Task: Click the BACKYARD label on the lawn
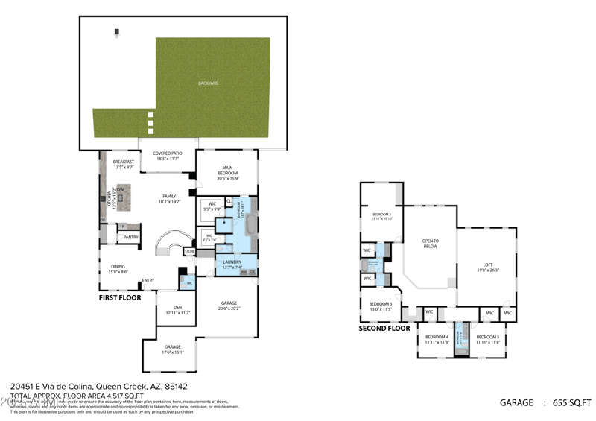click(x=208, y=83)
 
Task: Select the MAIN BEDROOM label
click(x=227, y=170)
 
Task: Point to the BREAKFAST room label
click(x=124, y=162)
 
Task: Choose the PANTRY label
click(x=131, y=237)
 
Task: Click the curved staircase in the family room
click(x=171, y=245)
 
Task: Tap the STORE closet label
click(x=189, y=252)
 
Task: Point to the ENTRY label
click(x=148, y=280)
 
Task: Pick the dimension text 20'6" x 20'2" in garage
click(x=229, y=308)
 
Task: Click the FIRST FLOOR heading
click(x=120, y=297)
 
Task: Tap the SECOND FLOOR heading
click(x=384, y=328)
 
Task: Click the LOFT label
click(x=488, y=265)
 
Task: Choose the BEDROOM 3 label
click(x=381, y=304)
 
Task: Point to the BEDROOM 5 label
click(x=488, y=337)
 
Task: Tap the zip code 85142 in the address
click(x=175, y=387)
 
